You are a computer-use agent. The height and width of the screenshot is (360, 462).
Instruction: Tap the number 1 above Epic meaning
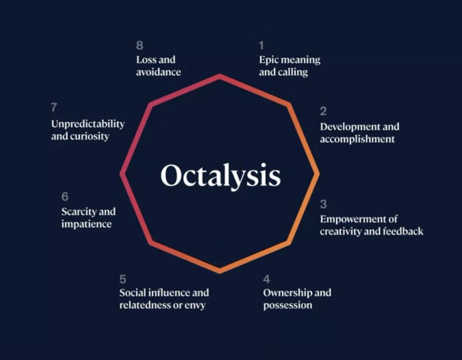[x=261, y=46]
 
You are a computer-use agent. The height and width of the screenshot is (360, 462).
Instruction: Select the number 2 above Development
[x=323, y=111]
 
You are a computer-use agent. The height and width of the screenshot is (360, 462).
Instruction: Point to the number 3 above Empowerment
[x=323, y=204]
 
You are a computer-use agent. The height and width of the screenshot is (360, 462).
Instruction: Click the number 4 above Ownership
[x=266, y=279]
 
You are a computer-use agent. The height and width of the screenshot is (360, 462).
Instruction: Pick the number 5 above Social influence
[x=123, y=279]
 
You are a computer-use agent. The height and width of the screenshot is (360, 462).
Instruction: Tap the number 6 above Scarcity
[x=65, y=196]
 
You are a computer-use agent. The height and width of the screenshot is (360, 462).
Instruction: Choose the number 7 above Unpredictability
[x=54, y=107]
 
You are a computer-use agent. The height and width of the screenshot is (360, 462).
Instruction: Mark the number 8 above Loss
[x=140, y=46]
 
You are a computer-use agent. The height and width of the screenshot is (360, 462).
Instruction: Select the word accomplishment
[x=358, y=139]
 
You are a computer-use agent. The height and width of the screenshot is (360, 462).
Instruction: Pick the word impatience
[x=87, y=224]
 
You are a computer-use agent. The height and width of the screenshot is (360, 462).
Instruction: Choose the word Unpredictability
[x=88, y=124]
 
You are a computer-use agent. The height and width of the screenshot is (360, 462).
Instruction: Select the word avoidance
[x=158, y=72]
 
